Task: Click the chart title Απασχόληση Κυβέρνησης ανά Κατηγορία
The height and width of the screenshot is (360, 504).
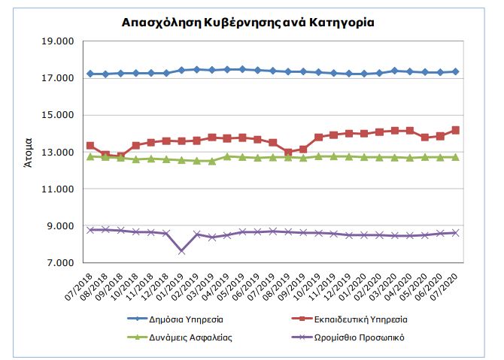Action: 247,23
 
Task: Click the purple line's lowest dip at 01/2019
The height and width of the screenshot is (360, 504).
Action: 181,250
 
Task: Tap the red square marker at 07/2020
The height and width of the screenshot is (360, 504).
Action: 455,130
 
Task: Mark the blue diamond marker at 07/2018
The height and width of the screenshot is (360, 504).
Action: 90,74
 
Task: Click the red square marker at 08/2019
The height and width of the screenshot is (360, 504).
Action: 288,152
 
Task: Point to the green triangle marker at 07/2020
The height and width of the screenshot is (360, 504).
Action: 455,157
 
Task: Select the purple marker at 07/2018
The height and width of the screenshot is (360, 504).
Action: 90,230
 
